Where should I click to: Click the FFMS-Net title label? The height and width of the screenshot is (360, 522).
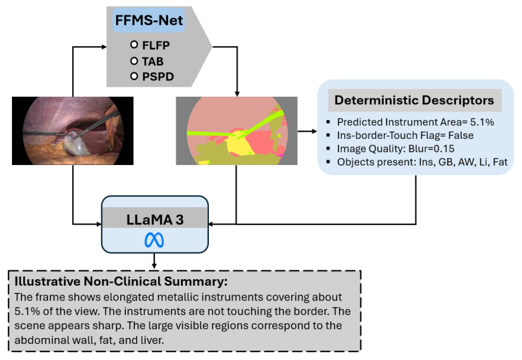click(x=149, y=20)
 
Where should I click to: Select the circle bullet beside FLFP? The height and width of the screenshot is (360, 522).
click(x=134, y=44)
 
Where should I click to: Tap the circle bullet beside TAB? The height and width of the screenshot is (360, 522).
click(x=134, y=61)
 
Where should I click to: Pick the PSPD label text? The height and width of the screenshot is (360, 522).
click(x=158, y=77)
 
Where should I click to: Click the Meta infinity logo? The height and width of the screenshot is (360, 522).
click(x=154, y=240)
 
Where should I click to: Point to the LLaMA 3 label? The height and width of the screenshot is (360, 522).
click(x=155, y=220)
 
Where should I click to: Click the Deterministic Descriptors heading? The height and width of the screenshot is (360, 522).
click(x=414, y=100)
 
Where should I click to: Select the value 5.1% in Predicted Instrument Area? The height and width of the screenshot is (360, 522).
click(x=482, y=122)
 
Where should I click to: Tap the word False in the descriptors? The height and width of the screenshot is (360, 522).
click(x=461, y=136)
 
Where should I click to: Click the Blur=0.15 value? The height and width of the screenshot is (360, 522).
click(x=431, y=149)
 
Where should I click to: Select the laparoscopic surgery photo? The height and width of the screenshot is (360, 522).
click(x=73, y=130)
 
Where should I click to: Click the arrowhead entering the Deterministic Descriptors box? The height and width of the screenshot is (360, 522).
click(x=314, y=131)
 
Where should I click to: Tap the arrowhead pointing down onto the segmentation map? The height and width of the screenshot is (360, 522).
click(x=237, y=94)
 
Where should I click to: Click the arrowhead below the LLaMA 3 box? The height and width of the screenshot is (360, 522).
click(x=154, y=265)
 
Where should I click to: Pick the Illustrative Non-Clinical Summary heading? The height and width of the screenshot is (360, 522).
click(x=121, y=281)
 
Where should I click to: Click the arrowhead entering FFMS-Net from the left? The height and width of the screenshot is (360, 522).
click(x=103, y=47)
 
